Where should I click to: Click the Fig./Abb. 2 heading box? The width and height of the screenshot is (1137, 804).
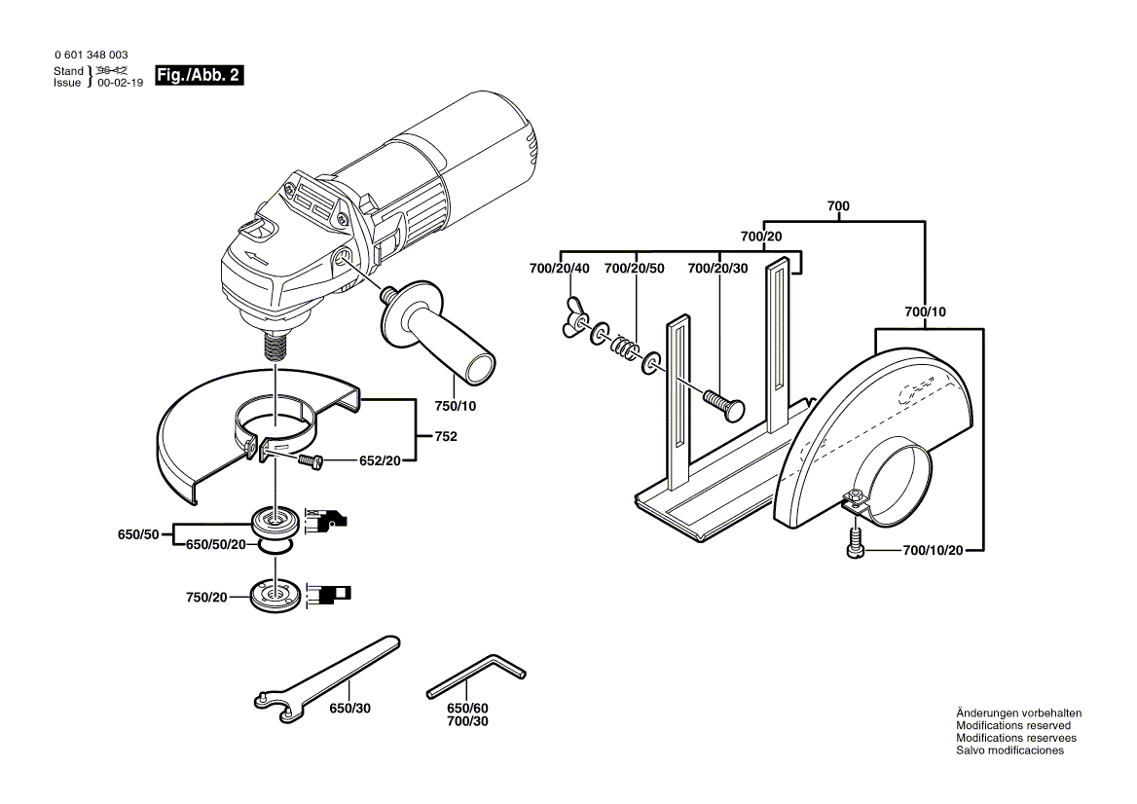[198, 76]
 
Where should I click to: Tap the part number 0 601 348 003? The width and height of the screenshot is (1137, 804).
[91, 55]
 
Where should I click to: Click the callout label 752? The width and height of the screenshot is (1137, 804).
[445, 438]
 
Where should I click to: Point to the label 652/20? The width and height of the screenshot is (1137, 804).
[380, 459]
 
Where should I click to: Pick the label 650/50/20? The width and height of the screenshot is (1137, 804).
[216, 545]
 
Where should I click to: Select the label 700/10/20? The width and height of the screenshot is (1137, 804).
[933, 551]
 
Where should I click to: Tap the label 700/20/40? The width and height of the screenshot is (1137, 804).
[559, 268]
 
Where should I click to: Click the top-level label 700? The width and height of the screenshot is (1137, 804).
[838, 206]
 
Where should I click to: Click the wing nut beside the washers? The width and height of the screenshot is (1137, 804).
[572, 318]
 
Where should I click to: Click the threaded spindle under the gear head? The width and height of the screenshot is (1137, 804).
[275, 347]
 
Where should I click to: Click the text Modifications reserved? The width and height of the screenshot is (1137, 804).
[1012, 725]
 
